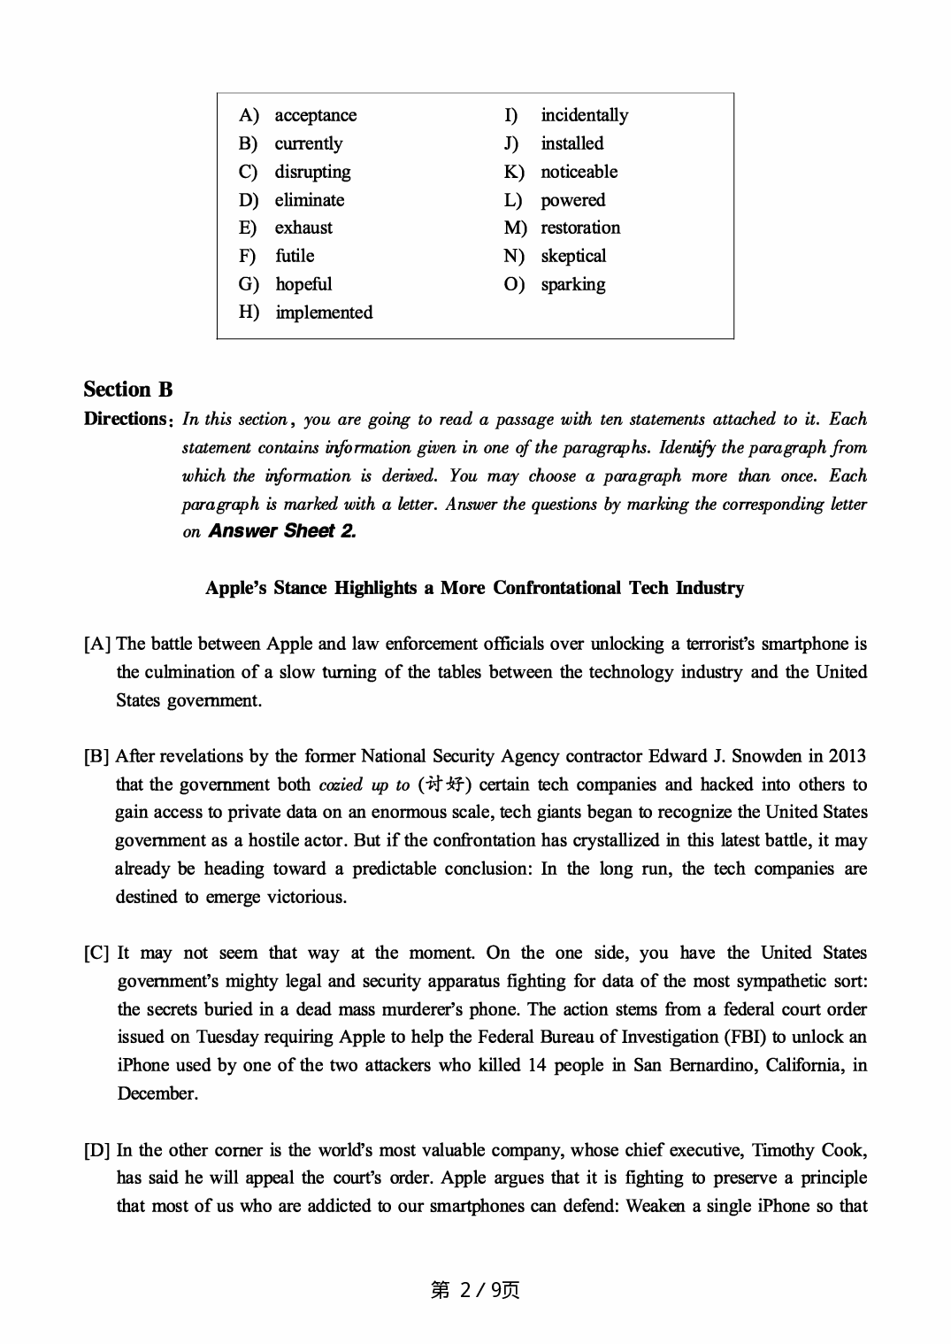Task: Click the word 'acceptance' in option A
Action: [x=315, y=115]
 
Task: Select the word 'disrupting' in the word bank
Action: [x=312, y=172]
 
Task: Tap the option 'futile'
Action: [x=294, y=256]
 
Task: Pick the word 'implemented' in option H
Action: [x=324, y=313]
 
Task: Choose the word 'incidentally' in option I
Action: [x=584, y=115]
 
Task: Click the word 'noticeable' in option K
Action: [x=579, y=172]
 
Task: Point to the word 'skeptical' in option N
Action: [x=573, y=256]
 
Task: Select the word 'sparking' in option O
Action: [x=572, y=284]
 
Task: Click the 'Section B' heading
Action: [x=128, y=390]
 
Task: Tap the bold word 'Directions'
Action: [x=126, y=419]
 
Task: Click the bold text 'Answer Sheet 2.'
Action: [x=282, y=531]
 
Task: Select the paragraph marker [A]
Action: [x=97, y=645]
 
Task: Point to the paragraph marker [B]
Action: [x=97, y=757]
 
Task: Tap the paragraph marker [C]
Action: [x=97, y=954]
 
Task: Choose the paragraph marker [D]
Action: [x=97, y=1151]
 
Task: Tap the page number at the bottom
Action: [x=475, y=1290]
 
